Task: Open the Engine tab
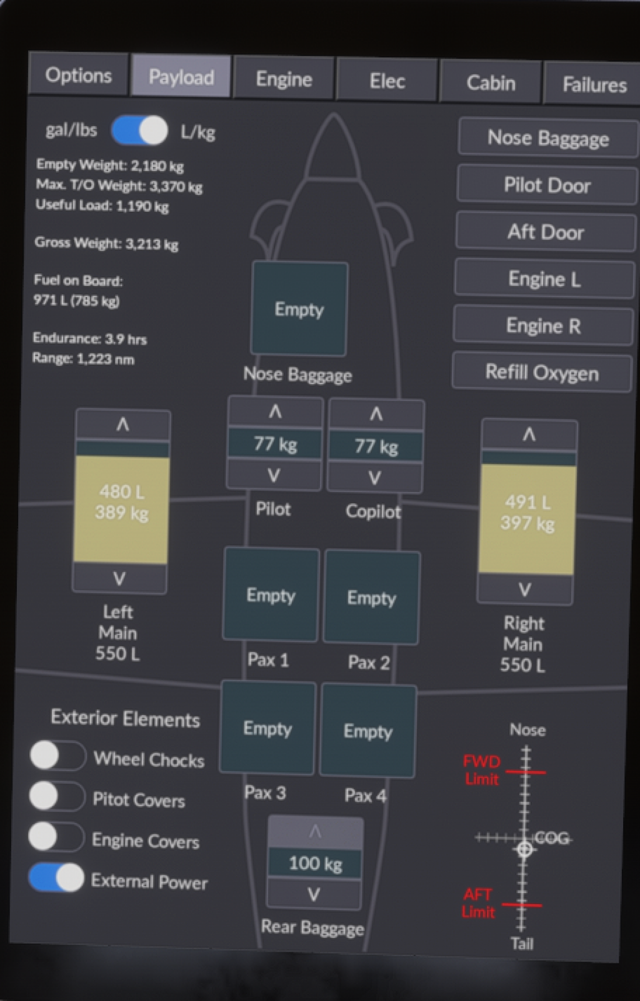284,79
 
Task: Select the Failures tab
593,84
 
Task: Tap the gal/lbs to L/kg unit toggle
139,131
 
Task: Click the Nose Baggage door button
547,138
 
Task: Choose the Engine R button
542,325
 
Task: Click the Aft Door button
545,232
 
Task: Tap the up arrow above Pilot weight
275,412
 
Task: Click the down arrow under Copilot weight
374,478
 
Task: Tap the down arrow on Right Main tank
524,589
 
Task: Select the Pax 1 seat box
271,594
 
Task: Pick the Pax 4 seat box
367,731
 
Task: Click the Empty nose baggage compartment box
299,309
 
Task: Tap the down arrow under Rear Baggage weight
314,895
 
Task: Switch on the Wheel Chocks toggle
57,756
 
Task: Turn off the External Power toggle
56,878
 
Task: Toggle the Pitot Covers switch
56,797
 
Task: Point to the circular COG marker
524,849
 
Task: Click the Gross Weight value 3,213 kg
152,244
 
